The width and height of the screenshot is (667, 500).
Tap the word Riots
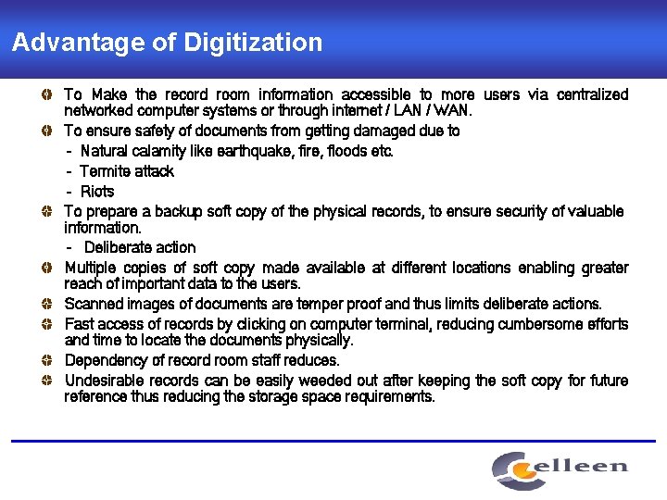(x=97, y=192)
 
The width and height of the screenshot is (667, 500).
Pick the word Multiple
(x=91, y=269)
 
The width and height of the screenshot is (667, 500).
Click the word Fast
(x=80, y=325)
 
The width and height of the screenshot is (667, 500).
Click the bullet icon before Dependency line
(x=46, y=360)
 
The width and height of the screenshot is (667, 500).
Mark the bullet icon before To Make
(x=46, y=95)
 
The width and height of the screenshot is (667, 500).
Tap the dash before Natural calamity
(x=69, y=151)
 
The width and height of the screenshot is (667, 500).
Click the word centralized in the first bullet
(x=590, y=95)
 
